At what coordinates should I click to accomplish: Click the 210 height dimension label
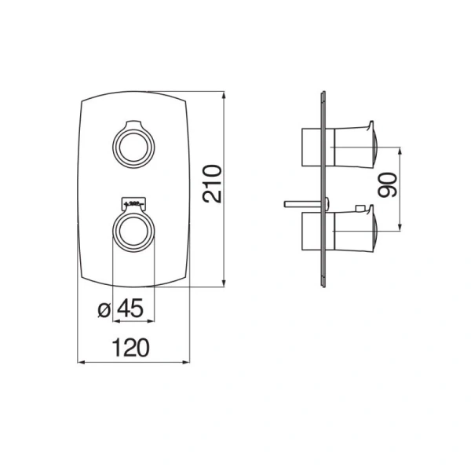tap(212, 184)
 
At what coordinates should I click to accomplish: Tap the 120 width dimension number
tap(130, 348)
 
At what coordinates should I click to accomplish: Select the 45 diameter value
tap(130, 309)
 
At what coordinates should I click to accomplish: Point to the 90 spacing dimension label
tap(387, 185)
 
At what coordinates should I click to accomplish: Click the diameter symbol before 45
tap(104, 310)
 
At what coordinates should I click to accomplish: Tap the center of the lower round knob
tap(133, 231)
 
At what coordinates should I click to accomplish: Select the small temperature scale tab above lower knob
tap(133, 203)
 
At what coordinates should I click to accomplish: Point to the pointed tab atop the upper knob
tap(133, 124)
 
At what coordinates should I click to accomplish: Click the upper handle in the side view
tap(354, 147)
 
